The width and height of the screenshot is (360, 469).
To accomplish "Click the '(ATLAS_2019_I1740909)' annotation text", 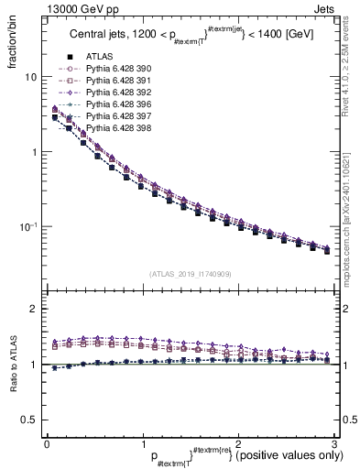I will click(x=190, y=274).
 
